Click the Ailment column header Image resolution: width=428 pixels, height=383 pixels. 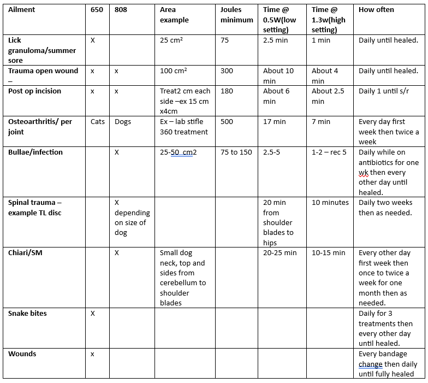click(x=22, y=10)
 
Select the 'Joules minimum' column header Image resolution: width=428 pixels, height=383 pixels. click(x=236, y=15)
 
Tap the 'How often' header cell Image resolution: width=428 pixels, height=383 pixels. click(x=376, y=10)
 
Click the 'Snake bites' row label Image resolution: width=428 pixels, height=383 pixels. click(x=27, y=314)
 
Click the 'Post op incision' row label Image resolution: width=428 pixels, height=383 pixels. click(x=34, y=91)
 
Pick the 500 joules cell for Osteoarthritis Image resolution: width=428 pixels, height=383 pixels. click(x=227, y=121)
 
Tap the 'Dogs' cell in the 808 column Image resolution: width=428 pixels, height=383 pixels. click(x=123, y=121)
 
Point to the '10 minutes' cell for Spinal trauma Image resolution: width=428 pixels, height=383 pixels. click(x=330, y=202)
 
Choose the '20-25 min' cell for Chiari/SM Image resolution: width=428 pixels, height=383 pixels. click(x=280, y=253)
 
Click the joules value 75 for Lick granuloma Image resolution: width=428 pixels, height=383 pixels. click(x=224, y=40)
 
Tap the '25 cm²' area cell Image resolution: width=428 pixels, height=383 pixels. click(x=172, y=40)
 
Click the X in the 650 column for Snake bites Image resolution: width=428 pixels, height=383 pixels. click(x=93, y=314)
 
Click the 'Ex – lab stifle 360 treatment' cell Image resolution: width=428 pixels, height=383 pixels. click(x=184, y=126)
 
